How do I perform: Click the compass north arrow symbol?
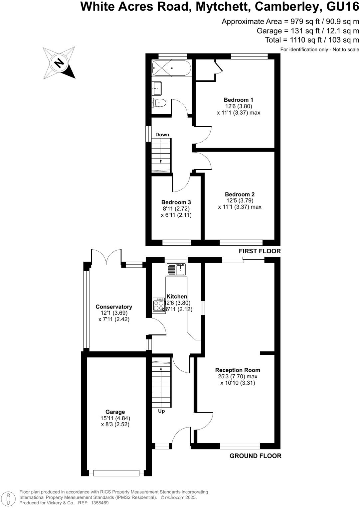[x=59, y=63]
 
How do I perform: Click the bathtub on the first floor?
[x=171, y=68]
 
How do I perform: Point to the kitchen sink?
[x=176, y=269]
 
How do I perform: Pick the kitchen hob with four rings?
[x=159, y=305]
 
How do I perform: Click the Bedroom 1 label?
[x=238, y=100]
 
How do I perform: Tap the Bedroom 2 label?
[x=240, y=194]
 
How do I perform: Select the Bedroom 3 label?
[x=176, y=202]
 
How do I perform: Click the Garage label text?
[x=115, y=412]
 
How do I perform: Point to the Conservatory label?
[x=114, y=307]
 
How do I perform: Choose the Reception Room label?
[x=238, y=370]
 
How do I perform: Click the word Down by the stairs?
[x=162, y=135]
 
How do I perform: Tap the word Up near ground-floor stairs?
[x=161, y=411]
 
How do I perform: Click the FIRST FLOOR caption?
[x=260, y=251]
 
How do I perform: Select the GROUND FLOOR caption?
[x=255, y=456]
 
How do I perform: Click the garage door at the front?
[x=116, y=473]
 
